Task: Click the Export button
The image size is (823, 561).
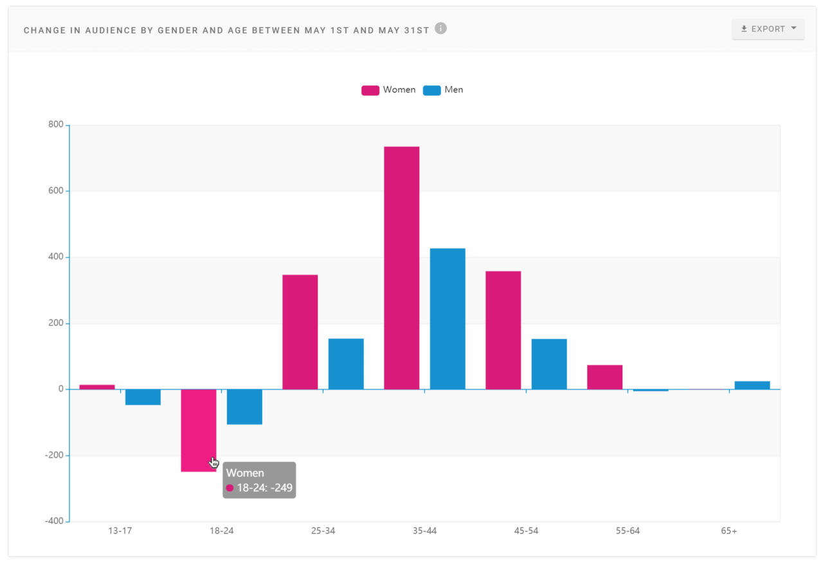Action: tap(768, 29)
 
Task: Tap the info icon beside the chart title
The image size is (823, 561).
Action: tap(440, 28)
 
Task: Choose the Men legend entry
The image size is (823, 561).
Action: tap(443, 90)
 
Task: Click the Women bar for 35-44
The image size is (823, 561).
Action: tap(402, 268)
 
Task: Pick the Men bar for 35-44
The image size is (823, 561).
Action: tap(448, 319)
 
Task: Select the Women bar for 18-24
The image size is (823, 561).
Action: tap(198, 430)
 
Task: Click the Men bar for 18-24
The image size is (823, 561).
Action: tap(244, 407)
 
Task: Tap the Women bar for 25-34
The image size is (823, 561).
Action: tap(300, 332)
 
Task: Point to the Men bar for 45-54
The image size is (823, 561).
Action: tap(549, 364)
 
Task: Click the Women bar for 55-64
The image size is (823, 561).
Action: tap(605, 377)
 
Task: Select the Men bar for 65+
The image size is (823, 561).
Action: tap(752, 385)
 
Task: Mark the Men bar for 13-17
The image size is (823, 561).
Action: tap(143, 397)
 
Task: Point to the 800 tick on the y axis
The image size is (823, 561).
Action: tap(56, 125)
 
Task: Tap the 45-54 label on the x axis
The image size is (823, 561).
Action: tap(526, 531)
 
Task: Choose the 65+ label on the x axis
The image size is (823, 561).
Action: tap(729, 531)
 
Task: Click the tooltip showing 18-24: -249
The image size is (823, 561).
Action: tap(260, 480)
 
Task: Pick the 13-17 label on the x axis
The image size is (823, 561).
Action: tap(120, 531)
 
